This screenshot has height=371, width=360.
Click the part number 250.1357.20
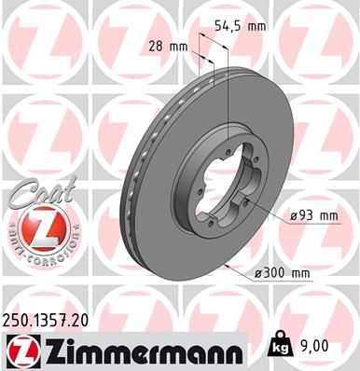(53, 320)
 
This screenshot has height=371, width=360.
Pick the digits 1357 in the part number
(55, 320)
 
